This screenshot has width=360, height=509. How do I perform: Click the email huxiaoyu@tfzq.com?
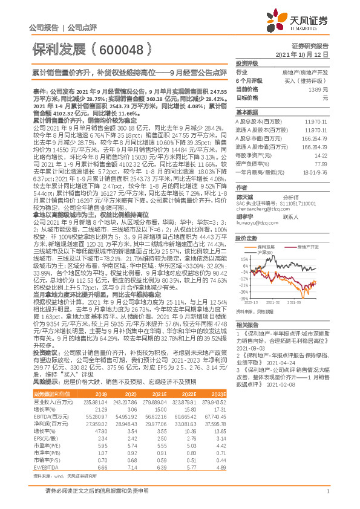click(255, 223)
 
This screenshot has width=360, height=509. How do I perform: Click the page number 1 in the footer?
click(327, 491)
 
